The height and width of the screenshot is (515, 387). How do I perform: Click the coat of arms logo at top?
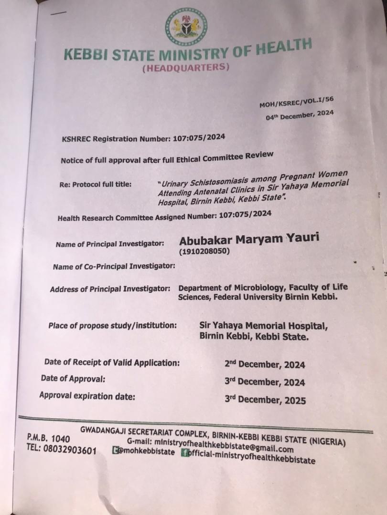(x=186, y=28)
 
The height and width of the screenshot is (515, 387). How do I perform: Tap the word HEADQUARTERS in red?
(x=185, y=68)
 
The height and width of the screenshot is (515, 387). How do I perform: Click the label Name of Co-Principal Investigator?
(x=114, y=266)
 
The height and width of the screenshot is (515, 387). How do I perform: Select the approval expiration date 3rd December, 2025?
(x=265, y=400)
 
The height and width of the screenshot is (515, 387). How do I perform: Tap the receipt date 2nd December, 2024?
(x=265, y=365)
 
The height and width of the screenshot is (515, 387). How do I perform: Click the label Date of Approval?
(x=73, y=379)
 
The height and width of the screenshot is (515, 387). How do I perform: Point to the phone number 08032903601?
(x=68, y=451)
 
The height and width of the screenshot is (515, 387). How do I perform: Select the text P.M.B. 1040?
(x=48, y=439)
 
